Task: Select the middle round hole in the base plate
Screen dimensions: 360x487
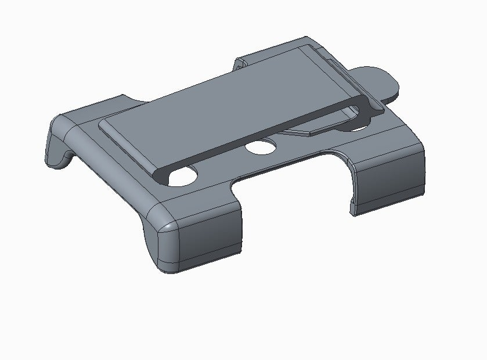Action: (x=261, y=147)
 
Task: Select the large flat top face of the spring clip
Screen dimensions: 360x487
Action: (x=232, y=107)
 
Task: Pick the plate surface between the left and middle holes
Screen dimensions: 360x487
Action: (x=223, y=165)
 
